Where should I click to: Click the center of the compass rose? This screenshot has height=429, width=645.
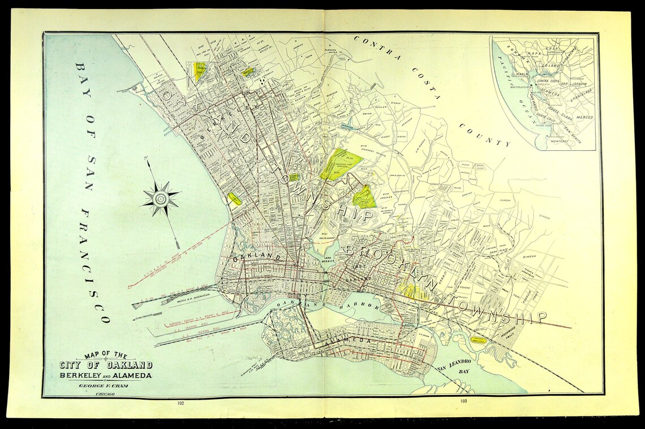click(161, 198)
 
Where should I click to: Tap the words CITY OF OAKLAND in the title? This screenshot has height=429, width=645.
click(106, 365)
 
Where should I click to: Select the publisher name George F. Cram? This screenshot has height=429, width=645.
click(102, 385)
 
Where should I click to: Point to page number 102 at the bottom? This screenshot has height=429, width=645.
click(180, 403)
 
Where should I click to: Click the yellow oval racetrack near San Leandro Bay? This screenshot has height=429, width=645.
click(480, 341)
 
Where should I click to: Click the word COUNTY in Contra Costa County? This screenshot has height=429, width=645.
click(484, 135)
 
